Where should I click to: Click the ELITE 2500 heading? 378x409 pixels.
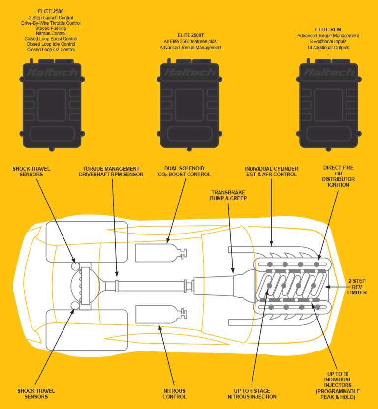point(51,10)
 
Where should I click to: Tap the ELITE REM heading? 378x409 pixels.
point(328,29)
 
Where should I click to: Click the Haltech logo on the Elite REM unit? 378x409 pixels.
point(328,73)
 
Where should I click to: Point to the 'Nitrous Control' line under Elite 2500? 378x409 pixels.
point(51,33)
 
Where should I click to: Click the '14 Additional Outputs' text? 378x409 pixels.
point(328,48)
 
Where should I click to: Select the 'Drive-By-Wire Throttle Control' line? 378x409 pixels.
point(51,23)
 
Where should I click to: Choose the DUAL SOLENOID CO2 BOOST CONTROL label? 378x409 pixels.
point(184,172)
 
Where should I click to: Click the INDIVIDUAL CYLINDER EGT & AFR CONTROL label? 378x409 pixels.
point(271,172)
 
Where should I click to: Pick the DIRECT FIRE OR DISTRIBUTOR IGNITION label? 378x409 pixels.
point(339,176)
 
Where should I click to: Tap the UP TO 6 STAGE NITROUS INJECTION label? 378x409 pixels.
point(252,394)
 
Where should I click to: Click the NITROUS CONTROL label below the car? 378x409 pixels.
point(174,394)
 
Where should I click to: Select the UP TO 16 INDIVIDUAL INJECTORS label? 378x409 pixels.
point(338,383)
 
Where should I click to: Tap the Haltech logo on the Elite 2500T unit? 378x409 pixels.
point(190,73)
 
